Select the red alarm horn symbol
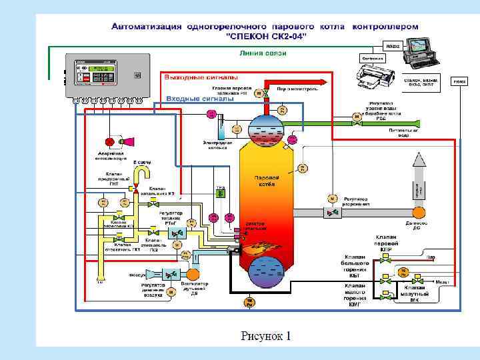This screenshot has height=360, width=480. [126, 141]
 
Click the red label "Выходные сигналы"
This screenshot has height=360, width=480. [194, 77]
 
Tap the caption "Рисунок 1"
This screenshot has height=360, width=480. [266, 335]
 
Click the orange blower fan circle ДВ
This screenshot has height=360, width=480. [193, 273]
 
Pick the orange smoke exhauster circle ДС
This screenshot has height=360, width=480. [419, 212]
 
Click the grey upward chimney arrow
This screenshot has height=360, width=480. [419, 177]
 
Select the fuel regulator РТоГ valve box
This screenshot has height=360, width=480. [177, 233]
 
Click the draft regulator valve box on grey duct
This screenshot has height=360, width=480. [331, 212]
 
